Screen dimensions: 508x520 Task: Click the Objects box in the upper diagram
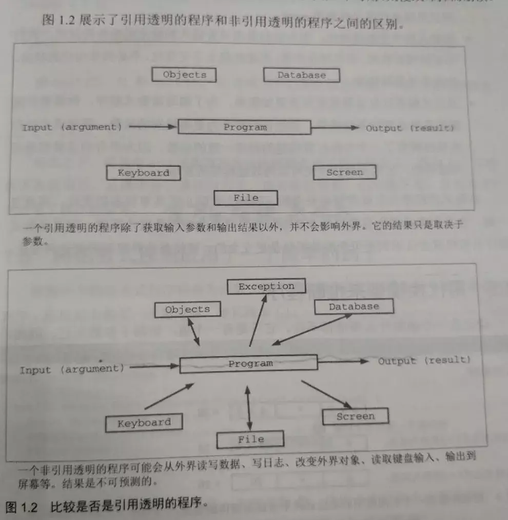(x=184, y=75)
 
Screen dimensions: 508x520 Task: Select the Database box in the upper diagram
(x=302, y=75)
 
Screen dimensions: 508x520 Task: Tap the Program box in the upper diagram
(x=244, y=127)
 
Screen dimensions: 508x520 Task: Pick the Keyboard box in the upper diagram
(x=143, y=173)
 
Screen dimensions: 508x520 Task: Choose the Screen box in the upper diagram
(x=344, y=172)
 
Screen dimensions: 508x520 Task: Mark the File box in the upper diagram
(x=246, y=198)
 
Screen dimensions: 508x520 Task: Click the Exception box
(x=266, y=286)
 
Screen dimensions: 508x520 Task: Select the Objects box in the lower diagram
(x=187, y=309)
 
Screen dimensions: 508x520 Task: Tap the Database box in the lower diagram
(x=354, y=307)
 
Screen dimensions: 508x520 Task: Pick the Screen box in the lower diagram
(x=355, y=416)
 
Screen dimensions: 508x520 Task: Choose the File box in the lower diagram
(x=250, y=439)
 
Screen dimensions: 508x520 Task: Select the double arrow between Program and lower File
(x=249, y=403)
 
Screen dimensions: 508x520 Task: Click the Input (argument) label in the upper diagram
(x=72, y=127)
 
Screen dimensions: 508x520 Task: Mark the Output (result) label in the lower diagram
(x=424, y=361)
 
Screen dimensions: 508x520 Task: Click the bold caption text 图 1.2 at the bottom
(x=22, y=508)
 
